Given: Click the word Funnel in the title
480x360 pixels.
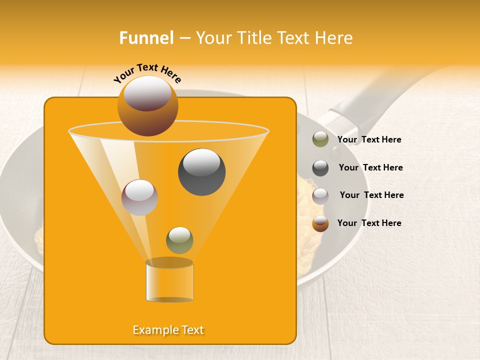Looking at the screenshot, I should coord(146,38).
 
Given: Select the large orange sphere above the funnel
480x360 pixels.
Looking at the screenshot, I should coord(147,106).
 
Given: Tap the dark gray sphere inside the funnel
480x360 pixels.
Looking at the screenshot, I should coord(202,172).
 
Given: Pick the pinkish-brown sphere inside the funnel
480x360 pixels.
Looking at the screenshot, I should coord(139,197).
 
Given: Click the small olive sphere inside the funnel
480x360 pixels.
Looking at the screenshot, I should coord(179,240).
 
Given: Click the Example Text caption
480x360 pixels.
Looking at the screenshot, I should coord(168,330).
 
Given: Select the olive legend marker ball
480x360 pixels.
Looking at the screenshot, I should coord(320,139).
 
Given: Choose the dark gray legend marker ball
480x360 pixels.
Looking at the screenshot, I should coord(320,168).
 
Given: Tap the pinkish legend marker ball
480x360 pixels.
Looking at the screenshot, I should coord(320,195).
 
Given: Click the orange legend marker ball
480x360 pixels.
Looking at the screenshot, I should coord(320,223).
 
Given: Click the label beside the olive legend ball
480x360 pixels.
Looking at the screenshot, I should coord(369,140).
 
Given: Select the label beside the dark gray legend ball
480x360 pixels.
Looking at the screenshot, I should coord(370,167).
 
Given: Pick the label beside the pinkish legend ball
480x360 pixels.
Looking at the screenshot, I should coord(371,195).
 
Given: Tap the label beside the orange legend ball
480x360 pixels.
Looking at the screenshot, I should coord(369,223).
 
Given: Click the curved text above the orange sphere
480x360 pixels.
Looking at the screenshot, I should coord(147,73).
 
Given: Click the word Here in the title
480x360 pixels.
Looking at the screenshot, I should coord(334,38).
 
